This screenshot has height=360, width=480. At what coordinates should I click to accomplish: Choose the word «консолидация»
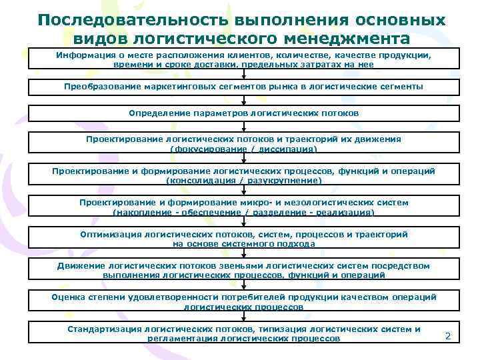point(200,180)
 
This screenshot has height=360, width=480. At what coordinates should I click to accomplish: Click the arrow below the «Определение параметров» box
point(243,128)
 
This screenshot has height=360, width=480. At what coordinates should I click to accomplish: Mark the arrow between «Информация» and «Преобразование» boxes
point(243,74)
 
